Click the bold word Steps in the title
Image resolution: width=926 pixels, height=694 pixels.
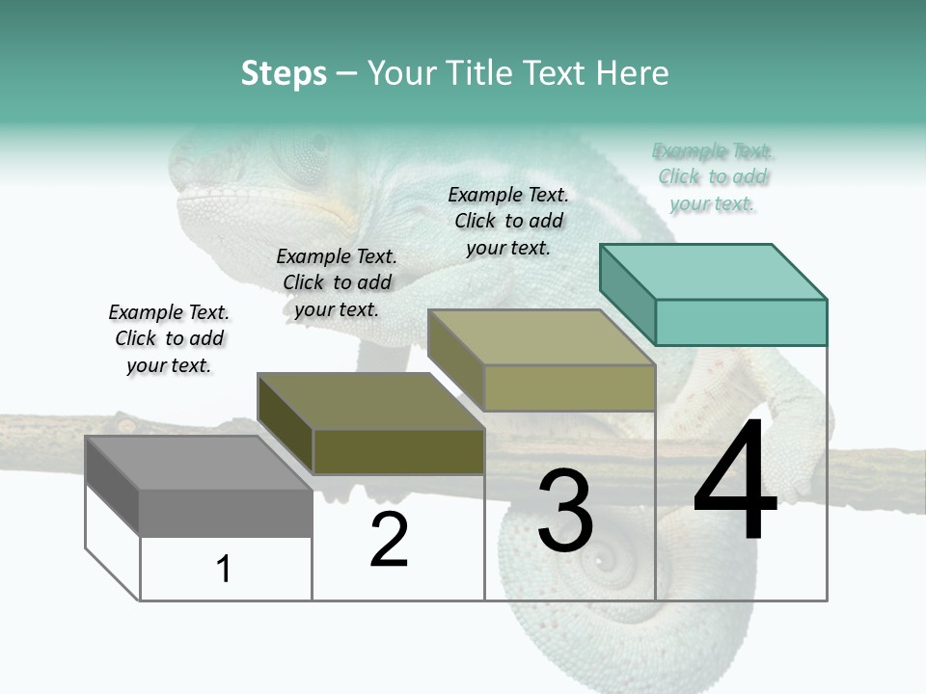pyautogui.click(x=284, y=73)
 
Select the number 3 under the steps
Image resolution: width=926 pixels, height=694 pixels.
pyautogui.click(x=565, y=511)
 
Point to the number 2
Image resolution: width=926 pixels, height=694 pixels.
pyautogui.click(x=389, y=540)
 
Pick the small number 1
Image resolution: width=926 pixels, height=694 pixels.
pyautogui.click(x=224, y=570)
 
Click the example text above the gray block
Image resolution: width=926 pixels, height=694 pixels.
pyautogui.click(x=169, y=338)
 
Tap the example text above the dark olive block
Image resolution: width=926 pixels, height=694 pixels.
pyautogui.click(x=337, y=282)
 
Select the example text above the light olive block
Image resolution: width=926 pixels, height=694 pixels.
pyautogui.click(x=508, y=221)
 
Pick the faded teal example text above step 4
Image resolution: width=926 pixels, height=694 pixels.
pyautogui.click(x=713, y=176)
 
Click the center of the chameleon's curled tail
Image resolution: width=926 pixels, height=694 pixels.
pyautogui.click(x=610, y=557)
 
